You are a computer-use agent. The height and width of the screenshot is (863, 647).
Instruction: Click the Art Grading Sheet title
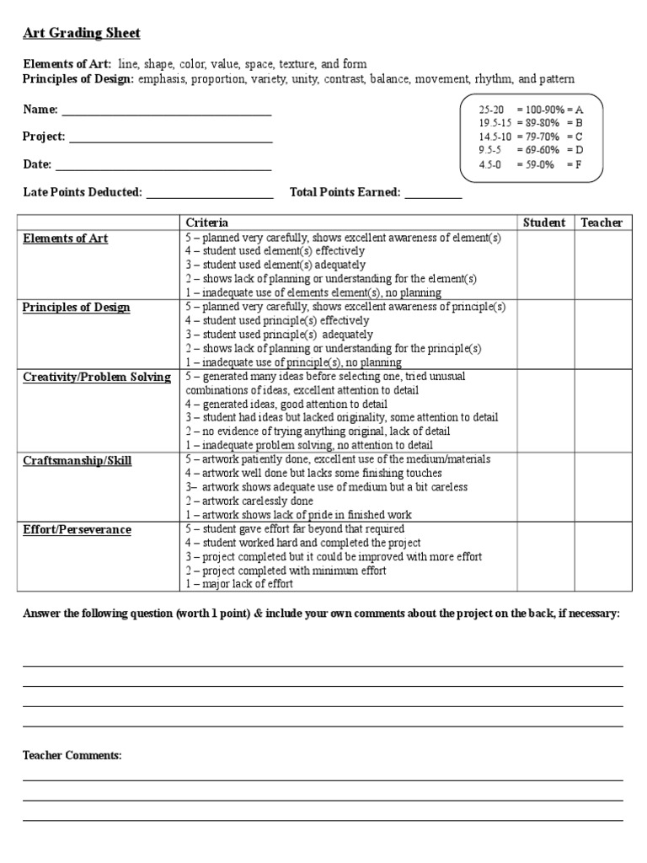[81, 33]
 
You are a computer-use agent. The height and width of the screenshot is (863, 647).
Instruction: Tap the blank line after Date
[163, 167]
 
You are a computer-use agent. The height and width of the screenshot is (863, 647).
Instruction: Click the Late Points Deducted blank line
[210, 196]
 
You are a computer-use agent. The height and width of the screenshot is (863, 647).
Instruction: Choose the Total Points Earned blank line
[433, 196]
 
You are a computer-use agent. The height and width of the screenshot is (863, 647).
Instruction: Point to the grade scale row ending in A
[530, 110]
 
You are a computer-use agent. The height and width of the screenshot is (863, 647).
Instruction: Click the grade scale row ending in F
[530, 164]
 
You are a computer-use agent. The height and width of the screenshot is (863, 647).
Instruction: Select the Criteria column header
[206, 222]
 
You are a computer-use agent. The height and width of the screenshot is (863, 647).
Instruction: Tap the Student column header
[544, 222]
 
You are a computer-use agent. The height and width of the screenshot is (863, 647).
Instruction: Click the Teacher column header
[601, 222]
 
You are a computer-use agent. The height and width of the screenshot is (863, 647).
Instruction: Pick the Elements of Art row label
[66, 239]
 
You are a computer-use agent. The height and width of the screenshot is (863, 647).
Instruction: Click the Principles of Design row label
[77, 308]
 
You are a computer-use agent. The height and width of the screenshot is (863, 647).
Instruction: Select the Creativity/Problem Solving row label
[96, 377]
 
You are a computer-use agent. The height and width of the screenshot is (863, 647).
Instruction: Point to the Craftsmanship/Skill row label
[77, 460]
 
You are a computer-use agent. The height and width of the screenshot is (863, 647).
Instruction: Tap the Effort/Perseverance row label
[77, 529]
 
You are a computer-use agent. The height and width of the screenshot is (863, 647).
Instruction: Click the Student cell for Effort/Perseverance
[545, 556]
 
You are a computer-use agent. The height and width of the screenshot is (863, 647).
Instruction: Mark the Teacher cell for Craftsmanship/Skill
[601, 487]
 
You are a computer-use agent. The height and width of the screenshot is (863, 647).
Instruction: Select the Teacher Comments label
[72, 756]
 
